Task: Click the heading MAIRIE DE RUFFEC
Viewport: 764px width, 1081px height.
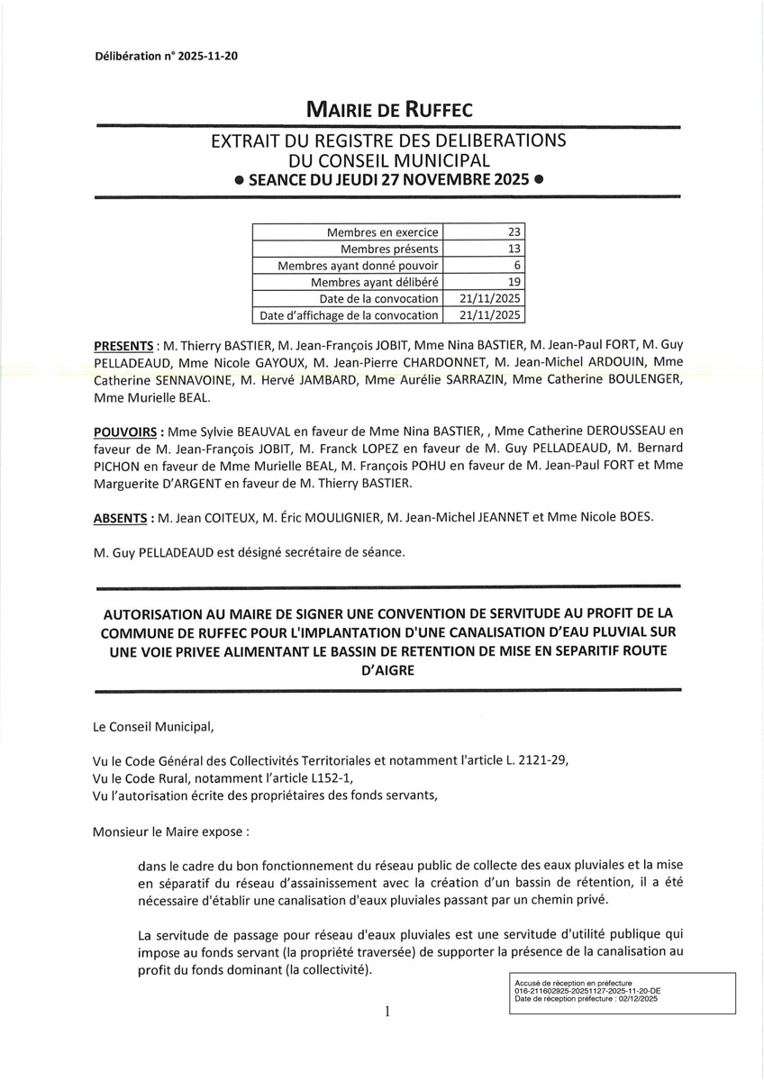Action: pyautogui.click(x=389, y=110)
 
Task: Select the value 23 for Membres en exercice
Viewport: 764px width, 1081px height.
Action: pyautogui.click(x=514, y=232)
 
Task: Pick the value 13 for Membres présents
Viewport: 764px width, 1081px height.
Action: pyautogui.click(x=514, y=249)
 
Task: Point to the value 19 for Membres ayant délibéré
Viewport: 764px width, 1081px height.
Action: pyautogui.click(x=514, y=282)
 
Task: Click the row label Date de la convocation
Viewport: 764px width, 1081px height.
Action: pyautogui.click(x=378, y=298)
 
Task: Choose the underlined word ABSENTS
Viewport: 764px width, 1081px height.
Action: pyautogui.click(x=121, y=518)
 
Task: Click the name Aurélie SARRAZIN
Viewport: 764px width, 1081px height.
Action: pyautogui.click(x=447, y=380)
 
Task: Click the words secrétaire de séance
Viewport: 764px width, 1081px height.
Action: pyautogui.click(x=351, y=551)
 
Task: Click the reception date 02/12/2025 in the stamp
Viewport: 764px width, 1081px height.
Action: pyautogui.click(x=634, y=999)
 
